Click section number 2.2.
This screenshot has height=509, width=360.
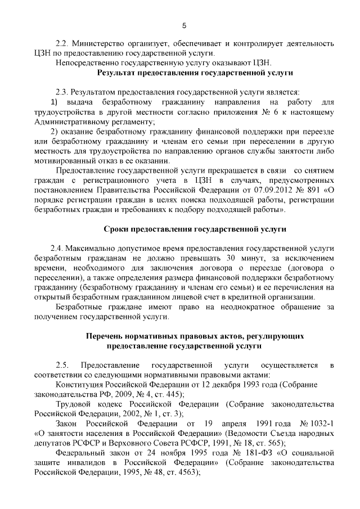62,43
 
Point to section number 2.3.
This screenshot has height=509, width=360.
62,92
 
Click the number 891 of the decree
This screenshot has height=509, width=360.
314,190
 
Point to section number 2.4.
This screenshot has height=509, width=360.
58,248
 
